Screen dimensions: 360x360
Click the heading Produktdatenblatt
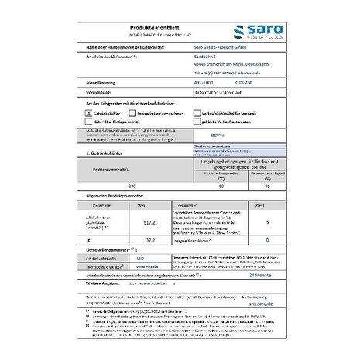click(x=125, y=24)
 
